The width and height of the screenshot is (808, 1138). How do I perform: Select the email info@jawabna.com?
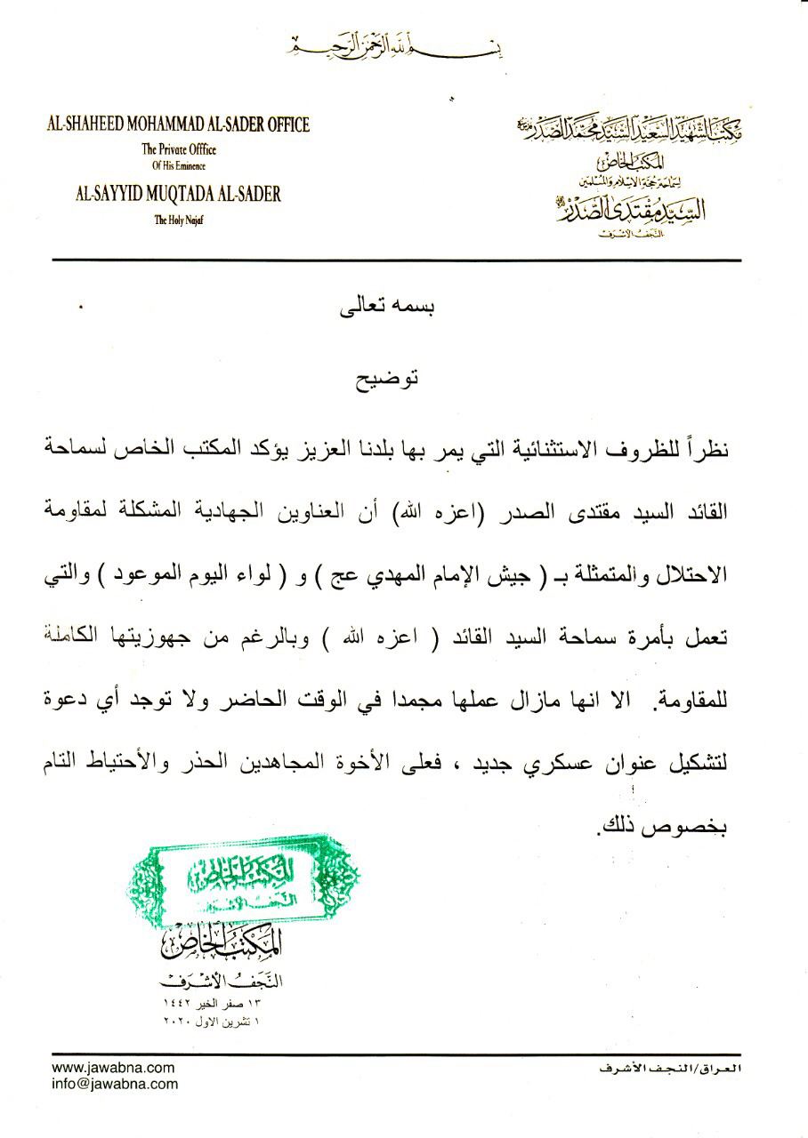pyautogui.click(x=115, y=1084)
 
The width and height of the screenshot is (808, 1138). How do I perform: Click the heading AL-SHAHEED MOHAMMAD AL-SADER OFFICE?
pyautogui.click(x=178, y=124)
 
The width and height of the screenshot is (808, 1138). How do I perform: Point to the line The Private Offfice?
pyautogui.click(x=179, y=149)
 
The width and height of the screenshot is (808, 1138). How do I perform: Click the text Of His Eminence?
pyautogui.click(x=178, y=165)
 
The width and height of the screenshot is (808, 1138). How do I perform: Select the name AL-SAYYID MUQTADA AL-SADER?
pyautogui.click(x=179, y=195)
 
